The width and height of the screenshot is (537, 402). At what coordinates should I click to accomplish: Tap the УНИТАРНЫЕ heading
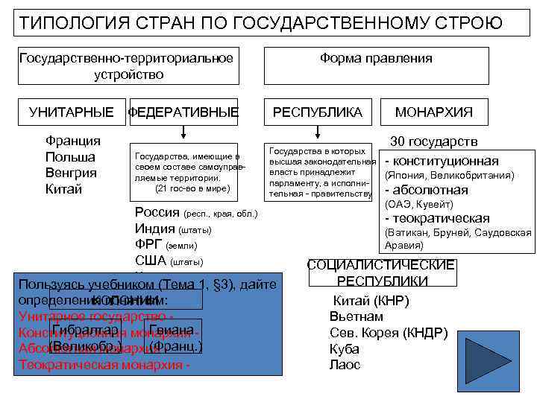point(72,112)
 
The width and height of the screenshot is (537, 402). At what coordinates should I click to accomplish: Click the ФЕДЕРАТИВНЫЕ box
point(183,112)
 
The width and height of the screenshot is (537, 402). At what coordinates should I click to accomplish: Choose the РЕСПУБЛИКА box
point(318,112)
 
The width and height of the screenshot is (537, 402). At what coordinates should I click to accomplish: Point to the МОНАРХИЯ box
point(433,112)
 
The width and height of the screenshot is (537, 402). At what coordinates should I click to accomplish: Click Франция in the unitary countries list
point(72,141)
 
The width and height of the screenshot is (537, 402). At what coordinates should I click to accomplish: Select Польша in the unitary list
point(70,157)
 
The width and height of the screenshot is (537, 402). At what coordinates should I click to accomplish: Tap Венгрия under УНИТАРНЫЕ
point(71,173)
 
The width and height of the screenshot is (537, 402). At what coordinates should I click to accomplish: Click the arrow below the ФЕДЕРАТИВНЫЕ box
point(183,133)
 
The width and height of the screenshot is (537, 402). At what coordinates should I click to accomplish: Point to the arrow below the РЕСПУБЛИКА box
point(318,133)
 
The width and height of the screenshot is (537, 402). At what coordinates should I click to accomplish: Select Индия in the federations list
point(155,229)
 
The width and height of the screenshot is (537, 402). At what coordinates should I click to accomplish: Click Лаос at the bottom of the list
point(345,365)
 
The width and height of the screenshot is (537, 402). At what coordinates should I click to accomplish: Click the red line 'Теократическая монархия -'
point(104,365)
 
